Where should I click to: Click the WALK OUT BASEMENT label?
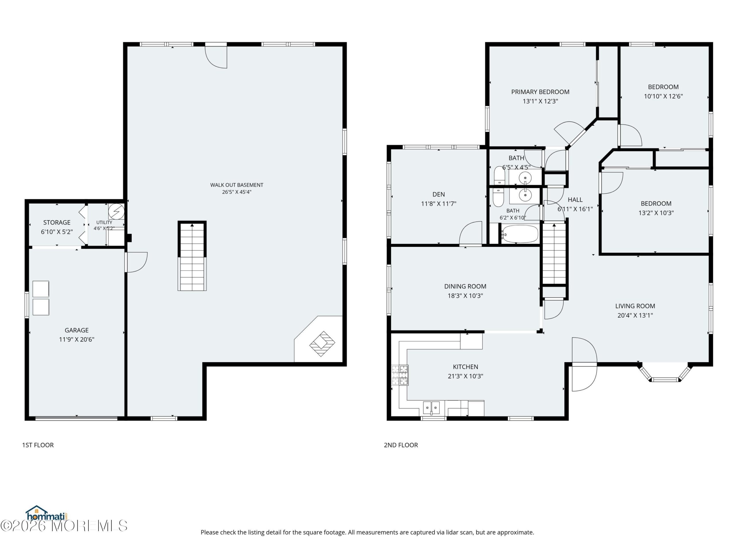[237, 185]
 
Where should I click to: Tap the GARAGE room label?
[76, 330]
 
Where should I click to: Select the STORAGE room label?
[57, 222]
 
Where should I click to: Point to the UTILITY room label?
[104, 222]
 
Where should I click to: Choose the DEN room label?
[439, 195]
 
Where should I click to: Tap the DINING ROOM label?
[465, 286]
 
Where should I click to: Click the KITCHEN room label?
[465, 367]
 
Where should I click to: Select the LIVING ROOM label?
[635, 306]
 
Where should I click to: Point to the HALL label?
[575, 200]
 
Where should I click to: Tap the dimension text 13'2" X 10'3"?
[656, 213]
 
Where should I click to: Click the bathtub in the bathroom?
[520, 234]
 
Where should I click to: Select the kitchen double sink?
[431, 408]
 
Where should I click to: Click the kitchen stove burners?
[400, 375]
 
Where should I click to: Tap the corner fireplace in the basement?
[322, 344]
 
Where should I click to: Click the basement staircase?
[192, 256]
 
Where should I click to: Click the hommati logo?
[47, 514]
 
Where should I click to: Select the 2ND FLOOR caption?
[401, 445]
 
